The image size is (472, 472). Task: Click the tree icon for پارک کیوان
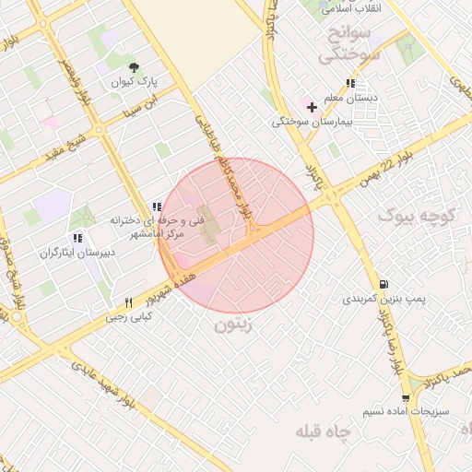(x=135, y=66)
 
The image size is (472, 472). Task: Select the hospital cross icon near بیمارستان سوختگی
(x=312, y=107)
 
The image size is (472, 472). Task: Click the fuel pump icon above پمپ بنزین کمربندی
(x=383, y=284)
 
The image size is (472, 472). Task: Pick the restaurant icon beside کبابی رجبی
(x=129, y=302)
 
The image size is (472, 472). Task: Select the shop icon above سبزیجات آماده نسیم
(x=406, y=397)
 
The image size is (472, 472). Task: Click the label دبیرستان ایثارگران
(x=65, y=250)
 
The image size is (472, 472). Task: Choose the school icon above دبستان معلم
(x=349, y=84)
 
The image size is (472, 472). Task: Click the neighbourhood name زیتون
(x=232, y=325)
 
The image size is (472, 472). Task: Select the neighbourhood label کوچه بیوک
(x=419, y=216)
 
